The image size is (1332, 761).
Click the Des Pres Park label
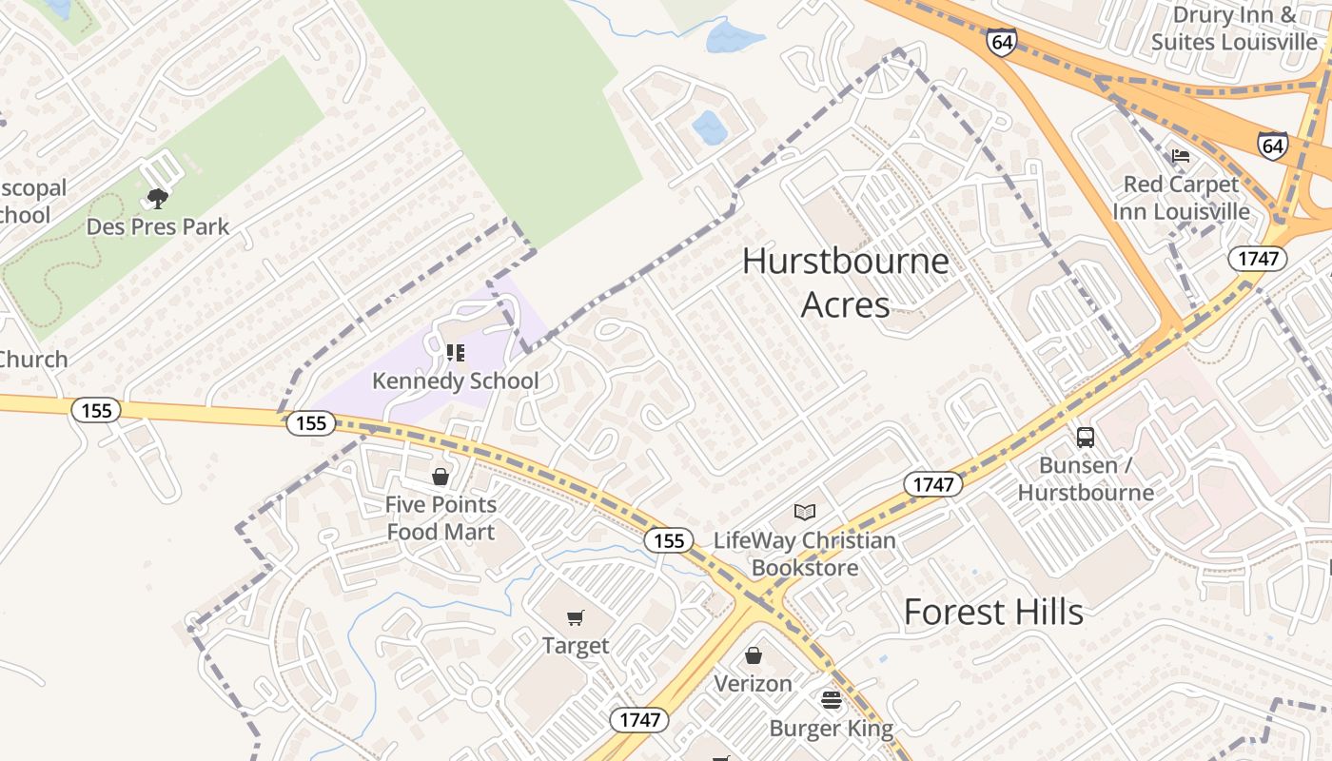click(158, 226)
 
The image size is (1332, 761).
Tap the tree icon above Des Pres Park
click(158, 199)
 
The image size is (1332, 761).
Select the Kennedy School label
click(455, 380)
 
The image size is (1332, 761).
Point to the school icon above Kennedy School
click(456, 353)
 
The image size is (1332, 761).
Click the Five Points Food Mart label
click(441, 517)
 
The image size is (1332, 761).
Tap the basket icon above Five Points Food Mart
click(441, 477)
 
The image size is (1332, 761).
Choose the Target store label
click(576, 646)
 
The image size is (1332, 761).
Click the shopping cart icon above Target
click(575, 618)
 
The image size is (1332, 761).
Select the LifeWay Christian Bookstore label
click(805, 554)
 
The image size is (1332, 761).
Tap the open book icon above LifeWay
click(805, 512)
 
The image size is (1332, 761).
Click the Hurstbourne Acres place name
click(845, 283)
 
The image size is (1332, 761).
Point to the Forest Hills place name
click(993, 612)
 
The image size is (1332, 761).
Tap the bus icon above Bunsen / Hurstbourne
click(1086, 438)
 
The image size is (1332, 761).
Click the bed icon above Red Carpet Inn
click(1181, 156)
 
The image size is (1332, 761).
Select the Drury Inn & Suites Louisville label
click(1234, 29)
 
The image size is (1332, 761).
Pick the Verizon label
click(753, 683)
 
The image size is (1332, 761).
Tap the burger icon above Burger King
click(832, 701)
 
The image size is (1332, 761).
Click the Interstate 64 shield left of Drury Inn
click(1001, 42)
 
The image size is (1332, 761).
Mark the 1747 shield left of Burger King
click(639, 720)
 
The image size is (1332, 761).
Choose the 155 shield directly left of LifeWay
click(669, 540)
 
